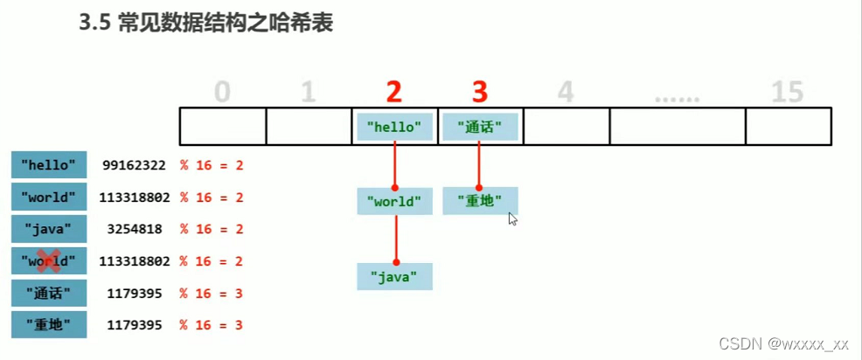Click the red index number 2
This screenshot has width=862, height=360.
pos(395,91)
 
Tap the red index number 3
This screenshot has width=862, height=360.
pos(480,91)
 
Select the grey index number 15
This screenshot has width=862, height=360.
pos(787,91)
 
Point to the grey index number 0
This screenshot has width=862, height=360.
pos(222,91)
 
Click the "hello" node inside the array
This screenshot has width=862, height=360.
pos(394,127)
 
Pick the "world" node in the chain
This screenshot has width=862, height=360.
pos(394,202)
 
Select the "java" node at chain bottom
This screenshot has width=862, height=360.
pos(394,277)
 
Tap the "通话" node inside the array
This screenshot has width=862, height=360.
pos(480,127)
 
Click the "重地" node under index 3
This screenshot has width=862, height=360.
pos(480,201)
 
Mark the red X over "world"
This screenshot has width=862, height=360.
pos(49,260)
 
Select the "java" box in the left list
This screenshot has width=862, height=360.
pos(49,229)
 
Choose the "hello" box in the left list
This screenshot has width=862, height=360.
pos(49,164)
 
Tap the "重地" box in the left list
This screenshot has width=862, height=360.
pos(49,325)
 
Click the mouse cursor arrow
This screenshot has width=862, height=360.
pos(512,218)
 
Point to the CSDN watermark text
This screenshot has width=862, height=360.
pos(783,343)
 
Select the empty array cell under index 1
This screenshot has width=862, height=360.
pos(309,127)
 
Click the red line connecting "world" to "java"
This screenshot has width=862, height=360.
pos(395,239)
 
